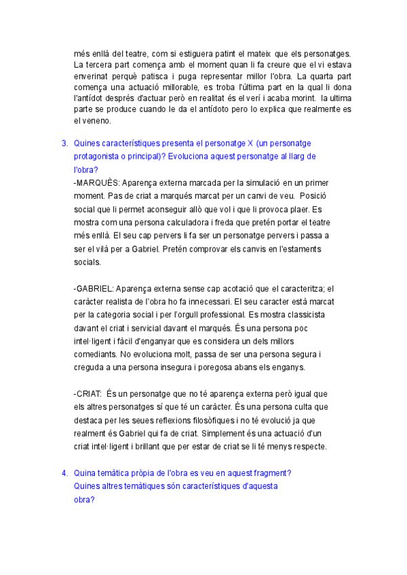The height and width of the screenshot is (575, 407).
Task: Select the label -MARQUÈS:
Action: tap(96, 183)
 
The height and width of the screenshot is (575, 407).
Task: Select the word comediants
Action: tap(94, 354)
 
